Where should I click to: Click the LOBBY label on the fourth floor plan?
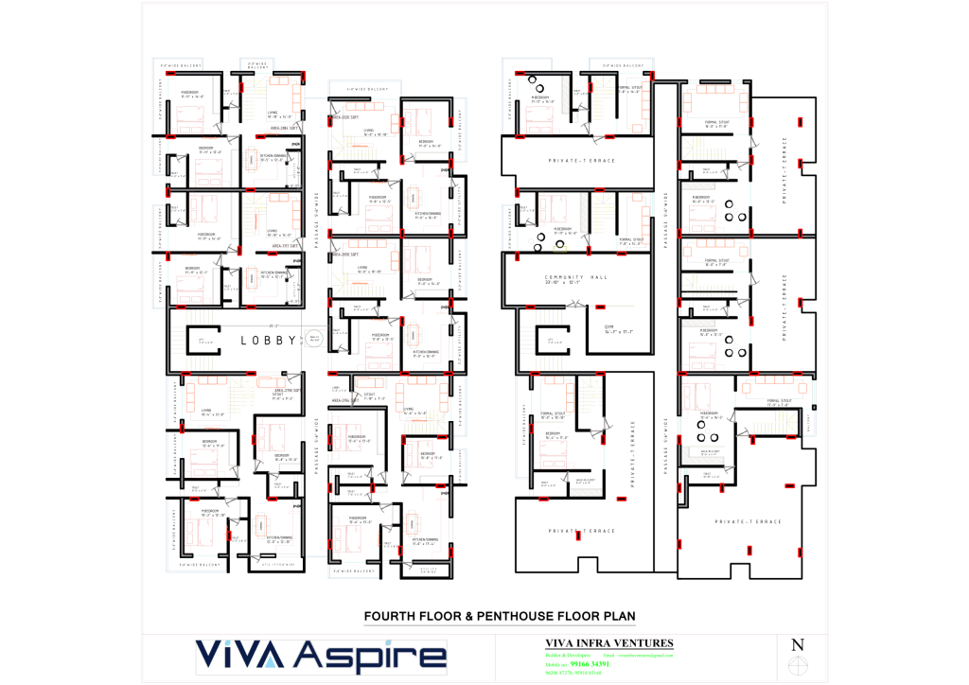pyautogui.click(x=269, y=340)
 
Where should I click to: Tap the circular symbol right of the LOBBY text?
pyautogui.click(x=314, y=337)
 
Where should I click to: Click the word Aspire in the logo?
pyautogui.click(x=371, y=657)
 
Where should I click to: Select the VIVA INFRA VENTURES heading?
pyautogui.click(x=603, y=643)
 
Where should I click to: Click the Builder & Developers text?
pyautogui.click(x=562, y=655)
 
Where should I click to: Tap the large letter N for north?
pyautogui.click(x=798, y=645)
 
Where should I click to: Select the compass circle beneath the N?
pyautogui.click(x=798, y=668)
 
